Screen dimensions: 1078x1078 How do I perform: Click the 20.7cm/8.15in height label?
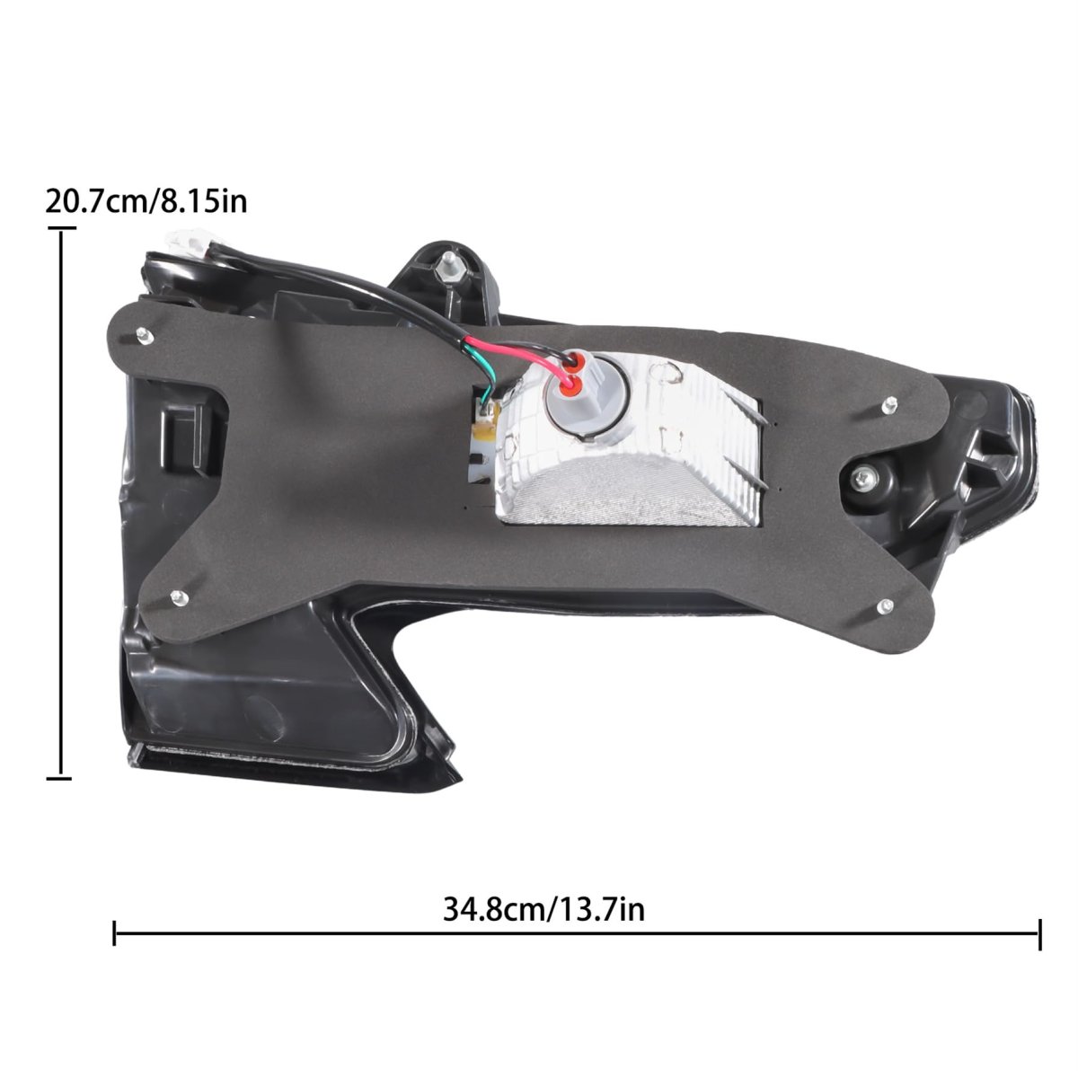coord(146,201)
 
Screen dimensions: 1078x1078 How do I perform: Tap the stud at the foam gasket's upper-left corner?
coord(145,336)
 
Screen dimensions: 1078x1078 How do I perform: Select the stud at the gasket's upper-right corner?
coord(890,404)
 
